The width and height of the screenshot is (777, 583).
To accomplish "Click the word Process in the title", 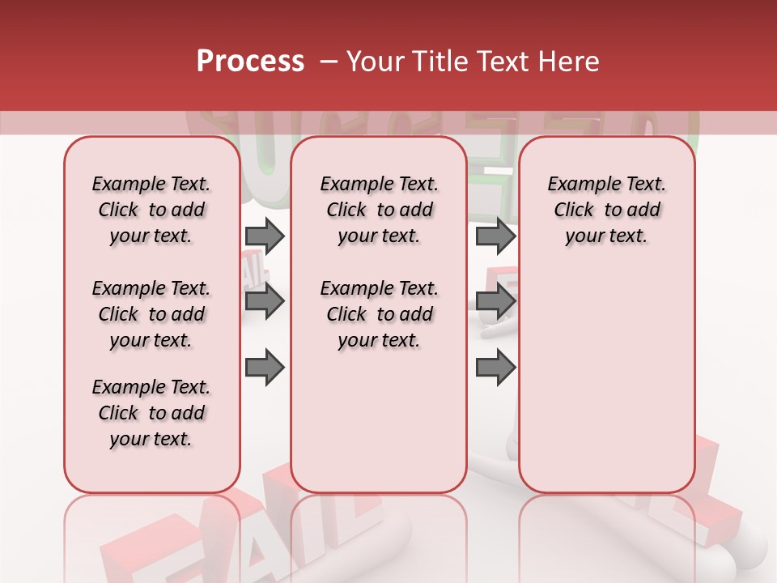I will pos(250,62).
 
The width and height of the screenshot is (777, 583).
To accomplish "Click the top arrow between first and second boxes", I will pos(265,236).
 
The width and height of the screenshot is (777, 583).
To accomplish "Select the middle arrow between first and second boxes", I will pos(265,302).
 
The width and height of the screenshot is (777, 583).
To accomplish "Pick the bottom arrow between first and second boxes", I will pos(265,368).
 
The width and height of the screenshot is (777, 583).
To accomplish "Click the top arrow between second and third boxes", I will pos(495,236).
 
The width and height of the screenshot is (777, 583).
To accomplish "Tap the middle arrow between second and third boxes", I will pos(495,302).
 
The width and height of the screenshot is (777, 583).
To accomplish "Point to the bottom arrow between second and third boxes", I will pos(495,368).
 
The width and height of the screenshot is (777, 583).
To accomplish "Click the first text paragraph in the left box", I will pos(151,210).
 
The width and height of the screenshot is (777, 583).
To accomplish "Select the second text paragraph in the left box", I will pos(151,314).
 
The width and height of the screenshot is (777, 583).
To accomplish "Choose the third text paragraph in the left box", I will pos(151,413).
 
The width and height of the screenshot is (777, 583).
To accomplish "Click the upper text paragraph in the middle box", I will pos(379,210).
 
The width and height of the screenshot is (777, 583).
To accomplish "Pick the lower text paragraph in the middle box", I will pos(379,314).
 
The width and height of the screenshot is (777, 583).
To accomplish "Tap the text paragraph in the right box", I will pos(606,210).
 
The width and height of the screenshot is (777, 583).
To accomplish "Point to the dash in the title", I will pos(329,62).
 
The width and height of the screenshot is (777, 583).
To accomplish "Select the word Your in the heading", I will pos(374,62).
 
